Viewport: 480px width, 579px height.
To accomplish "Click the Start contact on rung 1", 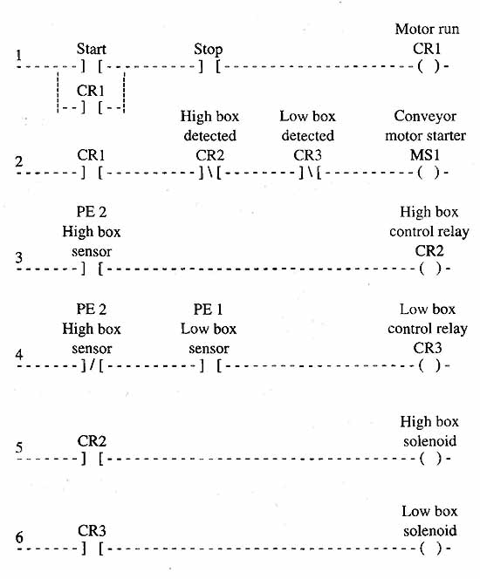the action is [92, 67].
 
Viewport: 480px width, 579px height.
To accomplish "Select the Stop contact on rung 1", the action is [209, 67].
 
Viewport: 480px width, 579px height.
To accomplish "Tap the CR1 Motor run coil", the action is [429, 67].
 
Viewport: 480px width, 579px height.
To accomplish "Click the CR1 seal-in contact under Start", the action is [92, 107].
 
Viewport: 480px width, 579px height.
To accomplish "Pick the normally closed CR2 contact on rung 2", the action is [209, 173].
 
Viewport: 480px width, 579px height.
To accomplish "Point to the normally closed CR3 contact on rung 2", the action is [310, 173].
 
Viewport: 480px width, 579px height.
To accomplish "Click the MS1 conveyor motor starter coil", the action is [429, 173].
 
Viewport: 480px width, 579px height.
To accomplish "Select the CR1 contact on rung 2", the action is [92, 173].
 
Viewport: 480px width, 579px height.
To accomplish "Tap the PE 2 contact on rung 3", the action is [92, 269].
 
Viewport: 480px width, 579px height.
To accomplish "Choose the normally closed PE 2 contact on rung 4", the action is [92, 366].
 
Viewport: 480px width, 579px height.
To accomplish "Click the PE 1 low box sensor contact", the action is [210, 366].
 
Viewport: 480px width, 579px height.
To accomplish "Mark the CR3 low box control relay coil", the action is [429, 365].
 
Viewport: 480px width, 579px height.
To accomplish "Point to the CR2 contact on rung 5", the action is [93, 459].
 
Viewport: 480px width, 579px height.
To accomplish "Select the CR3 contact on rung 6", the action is [93, 548].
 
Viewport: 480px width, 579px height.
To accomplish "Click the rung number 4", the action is [19, 355].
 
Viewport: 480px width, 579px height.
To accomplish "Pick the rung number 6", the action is [19, 538].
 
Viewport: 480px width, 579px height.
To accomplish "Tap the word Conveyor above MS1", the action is [425, 116].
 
